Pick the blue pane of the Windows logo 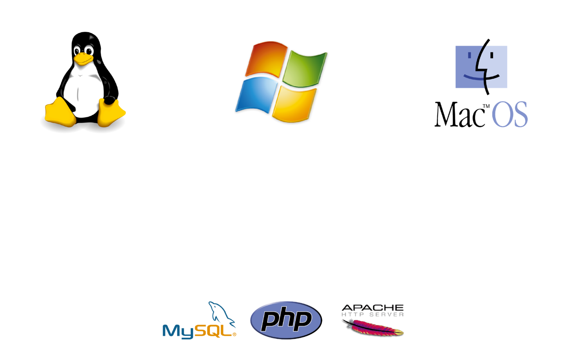click(255, 94)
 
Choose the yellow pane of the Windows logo click(293, 103)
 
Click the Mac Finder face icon click(481, 66)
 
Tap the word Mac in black click(457, 115)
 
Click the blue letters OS click(510, 115)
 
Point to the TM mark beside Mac click(486, 106)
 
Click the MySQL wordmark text click(198, 331)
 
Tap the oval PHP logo click(286, 320)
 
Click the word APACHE click(373, 308)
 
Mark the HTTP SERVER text click(373, 315)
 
